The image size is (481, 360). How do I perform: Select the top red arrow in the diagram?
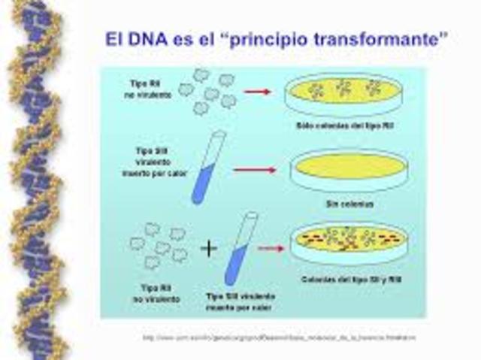point(257,92)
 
